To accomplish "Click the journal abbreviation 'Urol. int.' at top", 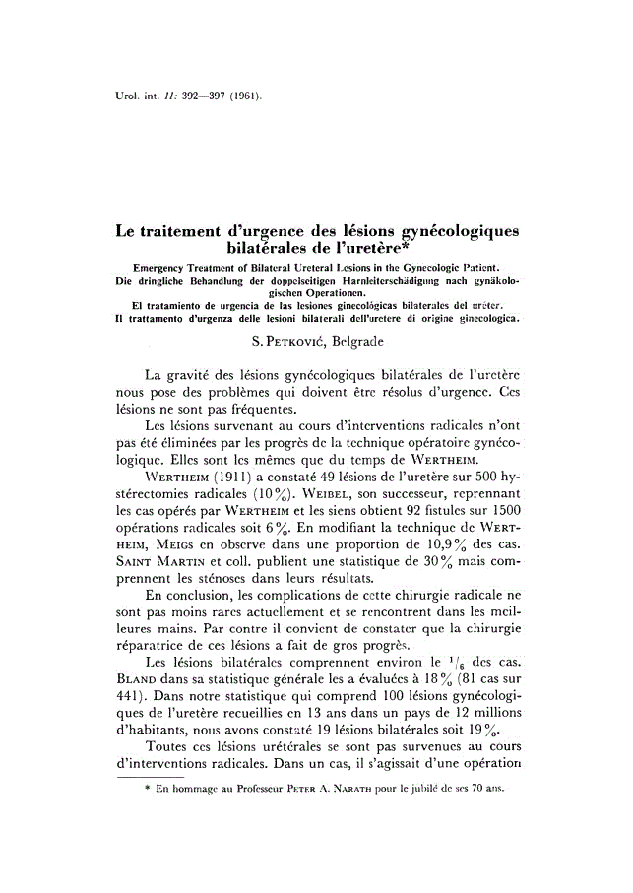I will tap(135, 96).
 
